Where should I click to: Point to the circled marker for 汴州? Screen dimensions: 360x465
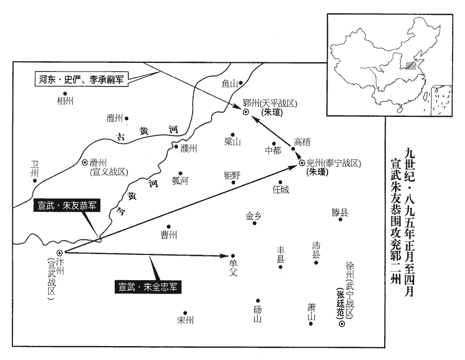(x=60, y=252)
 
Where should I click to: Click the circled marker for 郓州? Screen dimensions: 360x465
(x=246, y=111)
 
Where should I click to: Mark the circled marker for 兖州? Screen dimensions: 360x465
(x=302, y=163)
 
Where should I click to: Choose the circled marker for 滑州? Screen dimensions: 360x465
(x=85, y=162)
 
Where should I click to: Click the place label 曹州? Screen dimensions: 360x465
(x=168, y=235)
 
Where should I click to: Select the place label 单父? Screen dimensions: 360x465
(x=232, y=267)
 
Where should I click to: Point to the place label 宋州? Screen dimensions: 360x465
(x=184, y=319)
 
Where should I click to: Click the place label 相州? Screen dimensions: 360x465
(x=65, y=100)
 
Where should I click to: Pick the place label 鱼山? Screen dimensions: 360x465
(x=229, y=83)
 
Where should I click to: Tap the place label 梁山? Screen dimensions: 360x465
(x=233, y=142)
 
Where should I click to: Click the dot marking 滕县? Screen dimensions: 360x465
(x=340, y=220)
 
